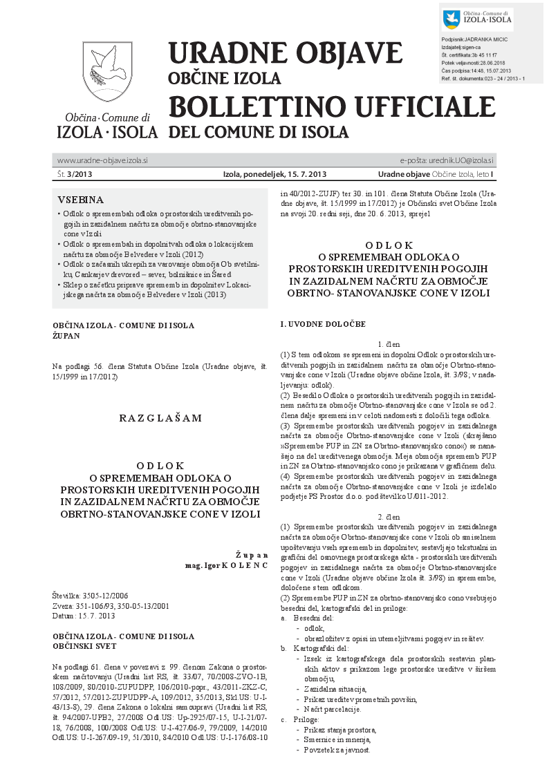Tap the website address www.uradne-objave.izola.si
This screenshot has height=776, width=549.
tap(102, 160)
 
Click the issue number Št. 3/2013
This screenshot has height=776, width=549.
tap(76, 174)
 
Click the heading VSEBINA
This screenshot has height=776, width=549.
tap(81, 200)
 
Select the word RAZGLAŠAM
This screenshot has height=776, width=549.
tap(160, 417)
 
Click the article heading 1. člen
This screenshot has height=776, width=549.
tap(389, 344)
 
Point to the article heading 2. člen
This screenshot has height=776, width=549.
tap(389, 517)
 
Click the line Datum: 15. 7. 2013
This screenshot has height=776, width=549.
tap(84, 615)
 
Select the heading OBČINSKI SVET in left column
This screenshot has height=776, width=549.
tap(85, 645)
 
